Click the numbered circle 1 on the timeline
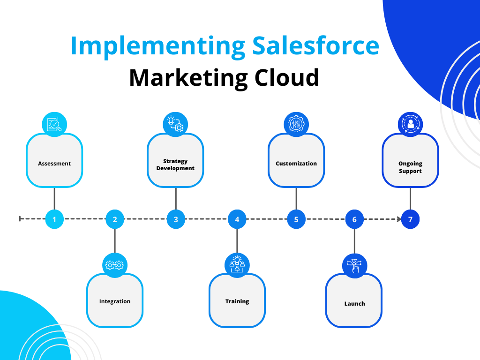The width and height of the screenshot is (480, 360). click(54, 219)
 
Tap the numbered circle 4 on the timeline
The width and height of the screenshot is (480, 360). click(237, 219)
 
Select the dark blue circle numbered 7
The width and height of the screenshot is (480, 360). click(410, 219)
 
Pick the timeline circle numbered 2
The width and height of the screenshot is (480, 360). click(115, 219)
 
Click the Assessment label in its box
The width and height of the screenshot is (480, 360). click(54, 164)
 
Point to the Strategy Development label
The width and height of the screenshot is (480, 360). click(175, 165)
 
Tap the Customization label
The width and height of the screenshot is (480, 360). click(296, 164)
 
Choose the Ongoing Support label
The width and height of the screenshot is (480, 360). click(410, 167)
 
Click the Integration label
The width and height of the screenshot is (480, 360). click(115, 301)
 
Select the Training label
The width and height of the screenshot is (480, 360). click(237, 301)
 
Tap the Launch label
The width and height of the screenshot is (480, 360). click(354, 304)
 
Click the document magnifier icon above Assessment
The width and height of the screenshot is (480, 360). click(54, 124)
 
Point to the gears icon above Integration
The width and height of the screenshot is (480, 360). click(115, 265)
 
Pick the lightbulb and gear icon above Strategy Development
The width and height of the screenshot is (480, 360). click(175, 124)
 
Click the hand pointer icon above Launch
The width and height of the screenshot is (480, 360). click(354, 266)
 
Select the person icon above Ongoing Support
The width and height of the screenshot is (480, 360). click(410, 124)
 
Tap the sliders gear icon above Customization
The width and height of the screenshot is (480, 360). click(296, 124)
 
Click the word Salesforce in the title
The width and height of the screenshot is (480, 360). click(315, 45)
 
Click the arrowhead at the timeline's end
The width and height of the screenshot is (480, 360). click(399, 219)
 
